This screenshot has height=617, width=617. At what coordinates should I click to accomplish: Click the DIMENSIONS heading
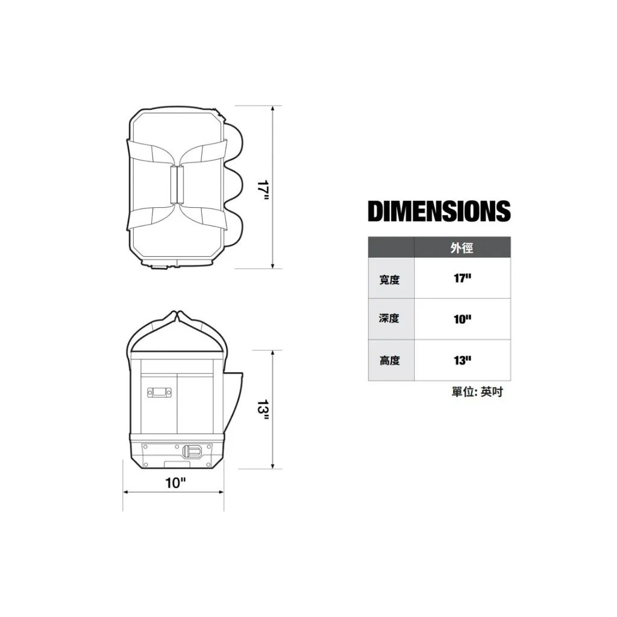439,211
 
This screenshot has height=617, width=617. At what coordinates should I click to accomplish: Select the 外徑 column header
462,248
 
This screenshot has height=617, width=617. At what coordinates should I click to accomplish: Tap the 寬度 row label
390,280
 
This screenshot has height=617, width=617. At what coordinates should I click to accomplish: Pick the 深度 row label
390,318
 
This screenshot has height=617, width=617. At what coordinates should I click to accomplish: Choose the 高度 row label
390,360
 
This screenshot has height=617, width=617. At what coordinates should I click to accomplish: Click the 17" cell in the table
462,278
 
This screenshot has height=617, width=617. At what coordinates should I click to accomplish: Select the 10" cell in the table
462,319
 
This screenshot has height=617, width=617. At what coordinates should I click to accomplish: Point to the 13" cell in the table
462,360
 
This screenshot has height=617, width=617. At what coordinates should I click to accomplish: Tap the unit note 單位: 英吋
477,392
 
